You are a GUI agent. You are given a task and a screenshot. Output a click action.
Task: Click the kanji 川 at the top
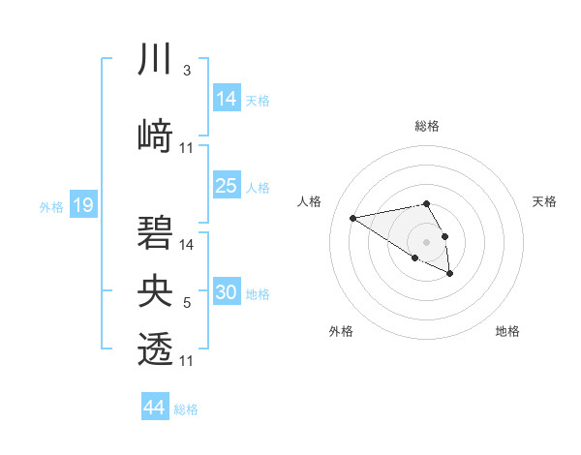point(156,61)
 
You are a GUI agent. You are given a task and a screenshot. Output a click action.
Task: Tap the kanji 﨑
point(156,136)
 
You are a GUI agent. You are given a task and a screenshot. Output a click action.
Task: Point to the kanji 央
point(156,290)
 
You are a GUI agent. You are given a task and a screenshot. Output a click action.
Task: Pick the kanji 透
point(156,348)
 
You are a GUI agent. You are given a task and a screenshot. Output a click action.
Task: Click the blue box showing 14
point(227,99)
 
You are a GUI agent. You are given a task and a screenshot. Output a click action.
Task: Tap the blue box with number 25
point(227,186)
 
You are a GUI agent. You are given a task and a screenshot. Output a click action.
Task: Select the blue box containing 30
point(227,292)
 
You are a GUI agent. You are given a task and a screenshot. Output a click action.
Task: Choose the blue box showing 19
point(82,204)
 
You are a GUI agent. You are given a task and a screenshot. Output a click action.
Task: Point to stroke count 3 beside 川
point(186,71)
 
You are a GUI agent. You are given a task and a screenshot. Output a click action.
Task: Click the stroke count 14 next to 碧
point(187,244)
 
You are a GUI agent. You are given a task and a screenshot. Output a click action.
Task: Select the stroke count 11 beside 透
point(187,361)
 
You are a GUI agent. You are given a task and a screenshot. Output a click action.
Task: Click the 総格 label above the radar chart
point(426,126)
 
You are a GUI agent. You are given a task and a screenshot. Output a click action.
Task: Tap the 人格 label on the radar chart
point(310,201)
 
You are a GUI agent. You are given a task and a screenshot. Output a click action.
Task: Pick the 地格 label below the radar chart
point(507,332)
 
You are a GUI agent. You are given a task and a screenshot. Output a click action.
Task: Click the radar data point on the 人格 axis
point(352,217)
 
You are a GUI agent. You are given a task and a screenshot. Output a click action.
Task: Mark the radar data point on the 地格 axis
point(450,274)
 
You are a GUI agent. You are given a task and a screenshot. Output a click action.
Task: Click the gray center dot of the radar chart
point(426,241)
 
